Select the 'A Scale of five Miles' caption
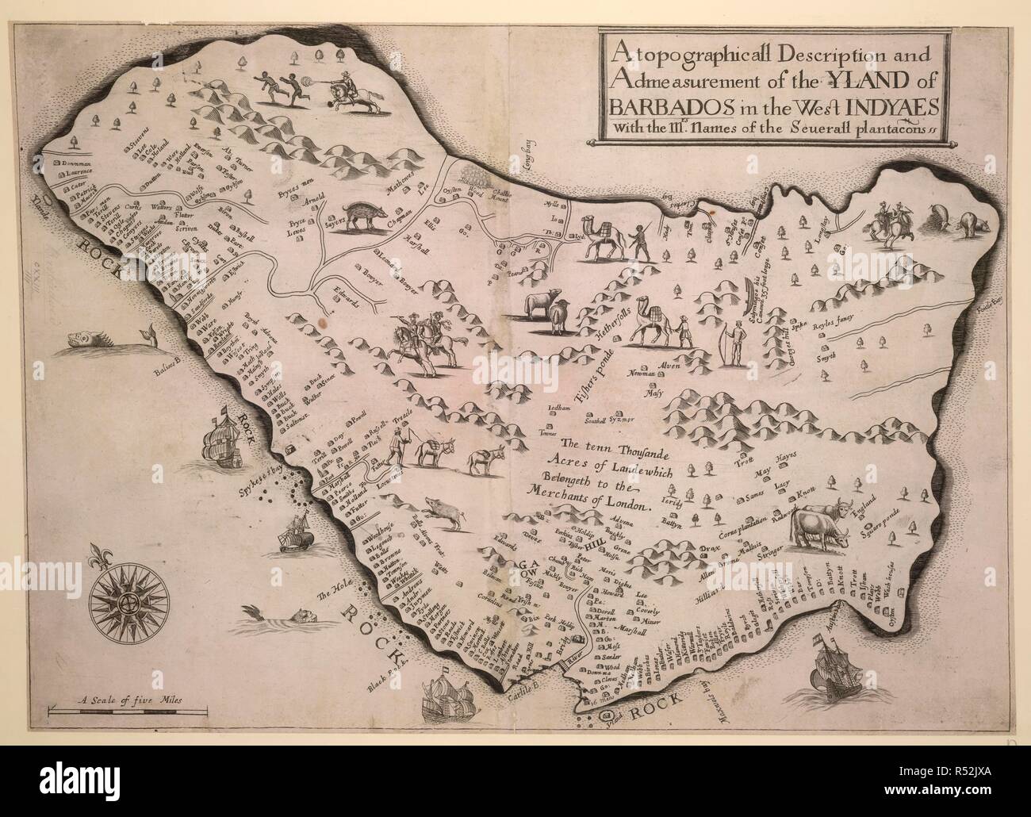[127, 700]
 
